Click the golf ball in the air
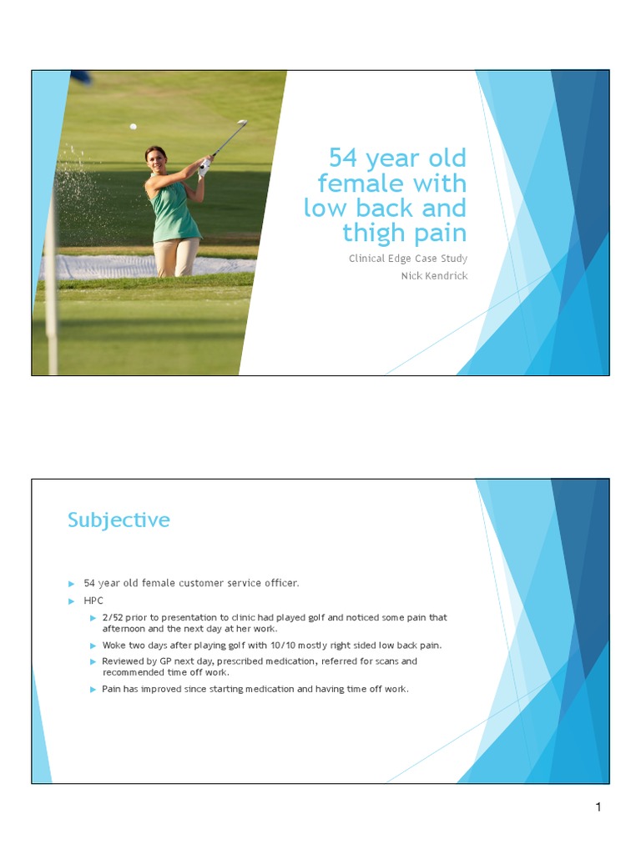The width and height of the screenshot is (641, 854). pos(133,127)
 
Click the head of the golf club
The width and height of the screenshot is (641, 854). pos(243,123)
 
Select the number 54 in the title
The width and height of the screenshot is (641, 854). pos(343,158)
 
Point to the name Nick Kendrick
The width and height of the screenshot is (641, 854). pos(434,276)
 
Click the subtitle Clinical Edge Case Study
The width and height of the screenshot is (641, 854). pos(407,259)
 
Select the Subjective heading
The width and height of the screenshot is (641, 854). pos(119,520)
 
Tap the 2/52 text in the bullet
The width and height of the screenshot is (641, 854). pos(114,618)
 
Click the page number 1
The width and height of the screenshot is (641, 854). pos(598,806)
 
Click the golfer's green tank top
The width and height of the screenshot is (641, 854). pos(174,213)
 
